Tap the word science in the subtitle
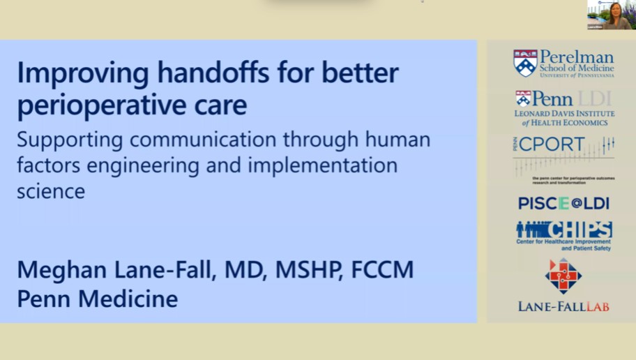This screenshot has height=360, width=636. (x=50, y=191)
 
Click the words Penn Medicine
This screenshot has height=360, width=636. (x=98, y=299)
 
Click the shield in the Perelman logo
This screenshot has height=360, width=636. (x=525, y=63)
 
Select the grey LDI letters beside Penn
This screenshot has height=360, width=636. (x=596, y=98)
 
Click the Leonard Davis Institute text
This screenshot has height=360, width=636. (x=564, y=114)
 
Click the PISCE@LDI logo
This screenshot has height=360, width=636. (x=563, y=203)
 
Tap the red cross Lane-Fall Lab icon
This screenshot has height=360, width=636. (x=563, y=276)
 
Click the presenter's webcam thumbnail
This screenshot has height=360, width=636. (x=610, y=15)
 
